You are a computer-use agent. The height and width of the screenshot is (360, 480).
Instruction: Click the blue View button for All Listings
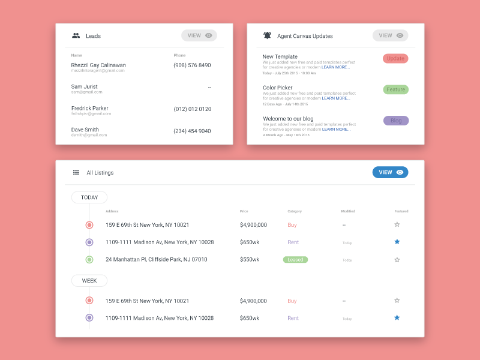(390, 172)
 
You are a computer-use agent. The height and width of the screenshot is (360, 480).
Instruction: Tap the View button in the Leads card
(199, 35)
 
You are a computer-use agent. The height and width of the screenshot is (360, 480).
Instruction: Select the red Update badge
(395, 58)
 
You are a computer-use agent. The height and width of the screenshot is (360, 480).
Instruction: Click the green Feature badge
(395, 89)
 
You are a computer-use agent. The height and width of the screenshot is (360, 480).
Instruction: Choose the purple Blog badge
(396, 121)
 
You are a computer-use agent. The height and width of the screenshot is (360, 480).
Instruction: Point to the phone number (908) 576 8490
(192, 65)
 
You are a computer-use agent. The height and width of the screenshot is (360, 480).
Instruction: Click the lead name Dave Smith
(85, 130)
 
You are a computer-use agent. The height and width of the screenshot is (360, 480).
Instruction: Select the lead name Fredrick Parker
(90, 109)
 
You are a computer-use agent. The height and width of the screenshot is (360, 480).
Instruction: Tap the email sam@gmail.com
(87, 92)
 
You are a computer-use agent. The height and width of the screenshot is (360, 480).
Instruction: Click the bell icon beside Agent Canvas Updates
(268, 35)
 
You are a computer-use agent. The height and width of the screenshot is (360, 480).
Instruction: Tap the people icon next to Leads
(76, 35)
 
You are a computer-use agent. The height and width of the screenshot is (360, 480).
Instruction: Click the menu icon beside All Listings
(76, 172)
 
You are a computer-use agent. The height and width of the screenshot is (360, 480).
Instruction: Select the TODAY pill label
(89, 197)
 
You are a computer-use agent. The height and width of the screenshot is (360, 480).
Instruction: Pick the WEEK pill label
(89, 280)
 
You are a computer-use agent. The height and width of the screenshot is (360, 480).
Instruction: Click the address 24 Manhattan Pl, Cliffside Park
(156, 260)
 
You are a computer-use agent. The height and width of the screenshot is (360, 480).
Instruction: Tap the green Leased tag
(295, 260)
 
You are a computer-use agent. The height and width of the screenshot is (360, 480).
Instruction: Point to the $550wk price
(250, 260)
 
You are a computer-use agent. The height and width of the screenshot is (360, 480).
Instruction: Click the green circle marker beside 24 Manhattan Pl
(89, 260)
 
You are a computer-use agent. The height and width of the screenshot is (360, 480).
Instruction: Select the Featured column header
(401, 211)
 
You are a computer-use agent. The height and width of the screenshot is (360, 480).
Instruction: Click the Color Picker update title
(278, 88)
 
